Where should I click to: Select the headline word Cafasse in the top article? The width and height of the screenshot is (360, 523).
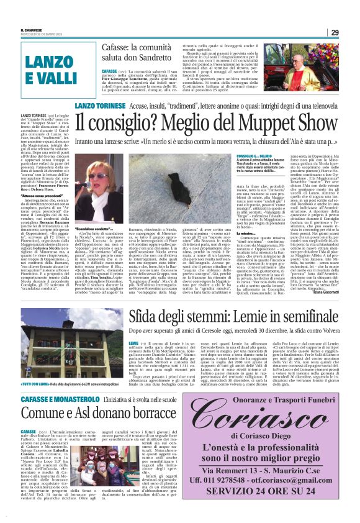[x=122, y=47]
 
